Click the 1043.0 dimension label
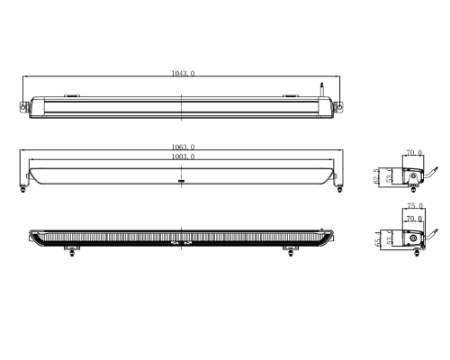[x=182, y=73]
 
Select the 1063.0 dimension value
[x=182, y=147]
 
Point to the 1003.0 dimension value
[x=182, y=157]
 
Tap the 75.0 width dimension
[x=413, y=206]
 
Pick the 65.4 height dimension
[x=376, y=241]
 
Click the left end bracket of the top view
[x=24, y=107]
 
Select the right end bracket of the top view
[x=339, y=107]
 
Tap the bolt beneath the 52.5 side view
[x=411, y=190]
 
